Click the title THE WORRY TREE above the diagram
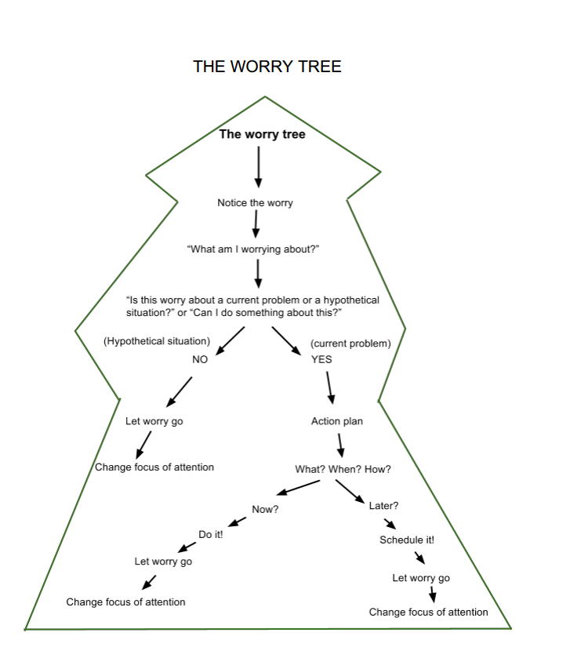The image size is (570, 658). [x=267, y=67]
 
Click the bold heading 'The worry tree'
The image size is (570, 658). [x=262, y=134]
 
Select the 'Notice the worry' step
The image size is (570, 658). [x=255, y=203]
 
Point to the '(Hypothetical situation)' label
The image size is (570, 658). [x=157, y=341]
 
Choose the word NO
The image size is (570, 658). [x=200, y=360]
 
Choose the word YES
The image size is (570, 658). [x=321, y=360]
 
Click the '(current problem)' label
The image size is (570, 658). [x=350, y=344]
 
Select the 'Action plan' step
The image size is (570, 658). [x=337, y=421]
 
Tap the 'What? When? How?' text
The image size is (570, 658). [x=343, y=469]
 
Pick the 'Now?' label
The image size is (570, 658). [x=265, y=510]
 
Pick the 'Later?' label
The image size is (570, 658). [x=384, y=505]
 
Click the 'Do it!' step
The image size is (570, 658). [x=211, y=535]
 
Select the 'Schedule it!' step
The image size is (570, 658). [x=407, y=540]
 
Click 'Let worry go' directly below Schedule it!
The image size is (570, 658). [x=421, y=578]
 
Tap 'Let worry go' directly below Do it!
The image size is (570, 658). [x=163, y=562]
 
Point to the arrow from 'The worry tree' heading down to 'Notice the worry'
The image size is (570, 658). [x=258, y=166]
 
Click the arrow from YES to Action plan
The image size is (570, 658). [x=330, y=386]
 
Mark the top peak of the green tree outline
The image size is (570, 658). [x=265, y=96]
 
